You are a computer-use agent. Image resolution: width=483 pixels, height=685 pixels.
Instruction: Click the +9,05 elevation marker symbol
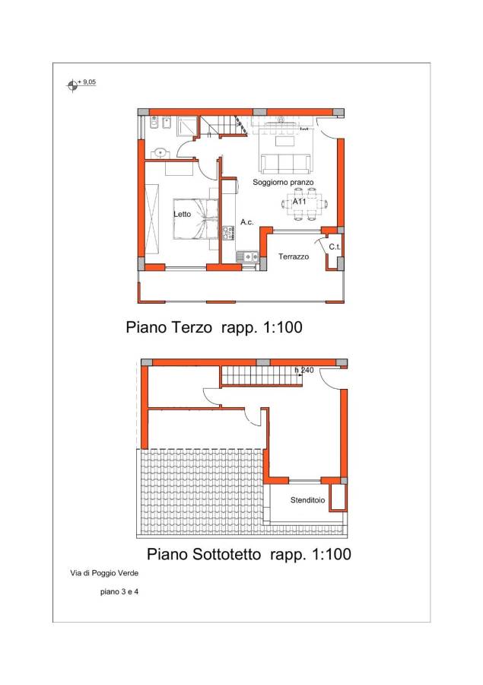tap(72, 85)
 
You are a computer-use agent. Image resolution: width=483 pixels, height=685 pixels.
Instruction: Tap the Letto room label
tap(182, 214)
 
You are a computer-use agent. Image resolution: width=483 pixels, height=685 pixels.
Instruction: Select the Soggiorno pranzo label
tap(283, 182)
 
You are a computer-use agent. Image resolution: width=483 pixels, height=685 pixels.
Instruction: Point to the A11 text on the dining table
tap(299, 202)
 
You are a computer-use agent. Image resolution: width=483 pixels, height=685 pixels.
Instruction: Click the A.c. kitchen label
tap(246, 222)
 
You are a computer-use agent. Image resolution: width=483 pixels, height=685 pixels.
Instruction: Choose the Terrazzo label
tap(294, 256)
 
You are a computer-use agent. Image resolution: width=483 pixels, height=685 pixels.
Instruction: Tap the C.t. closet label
tap(335, 247)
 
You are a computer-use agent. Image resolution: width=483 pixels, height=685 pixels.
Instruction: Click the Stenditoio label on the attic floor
tap(307, 500)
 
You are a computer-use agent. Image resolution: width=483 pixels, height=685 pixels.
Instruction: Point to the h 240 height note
tap(304, 370)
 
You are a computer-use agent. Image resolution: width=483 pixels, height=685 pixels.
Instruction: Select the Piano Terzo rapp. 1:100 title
tap(214, 327)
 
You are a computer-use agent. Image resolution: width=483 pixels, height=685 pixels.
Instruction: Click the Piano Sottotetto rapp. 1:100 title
tap(249, 554)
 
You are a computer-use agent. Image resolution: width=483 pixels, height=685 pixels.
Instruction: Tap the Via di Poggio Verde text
tap(104, 572)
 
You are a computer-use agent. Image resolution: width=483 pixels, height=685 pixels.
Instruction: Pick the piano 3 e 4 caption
tap(119, 592)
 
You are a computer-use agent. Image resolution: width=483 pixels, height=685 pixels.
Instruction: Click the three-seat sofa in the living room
tap(286, 164)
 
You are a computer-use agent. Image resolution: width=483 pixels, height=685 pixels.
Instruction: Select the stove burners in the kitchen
tap(228, 234)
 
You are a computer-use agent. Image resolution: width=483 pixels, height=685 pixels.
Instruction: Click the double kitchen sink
tap(248, 257)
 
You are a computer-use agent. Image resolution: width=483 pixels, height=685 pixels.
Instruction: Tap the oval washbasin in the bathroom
tap(160, 153)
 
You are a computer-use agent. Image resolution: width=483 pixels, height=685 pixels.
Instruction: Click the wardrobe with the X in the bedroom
tap(152, 219)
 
